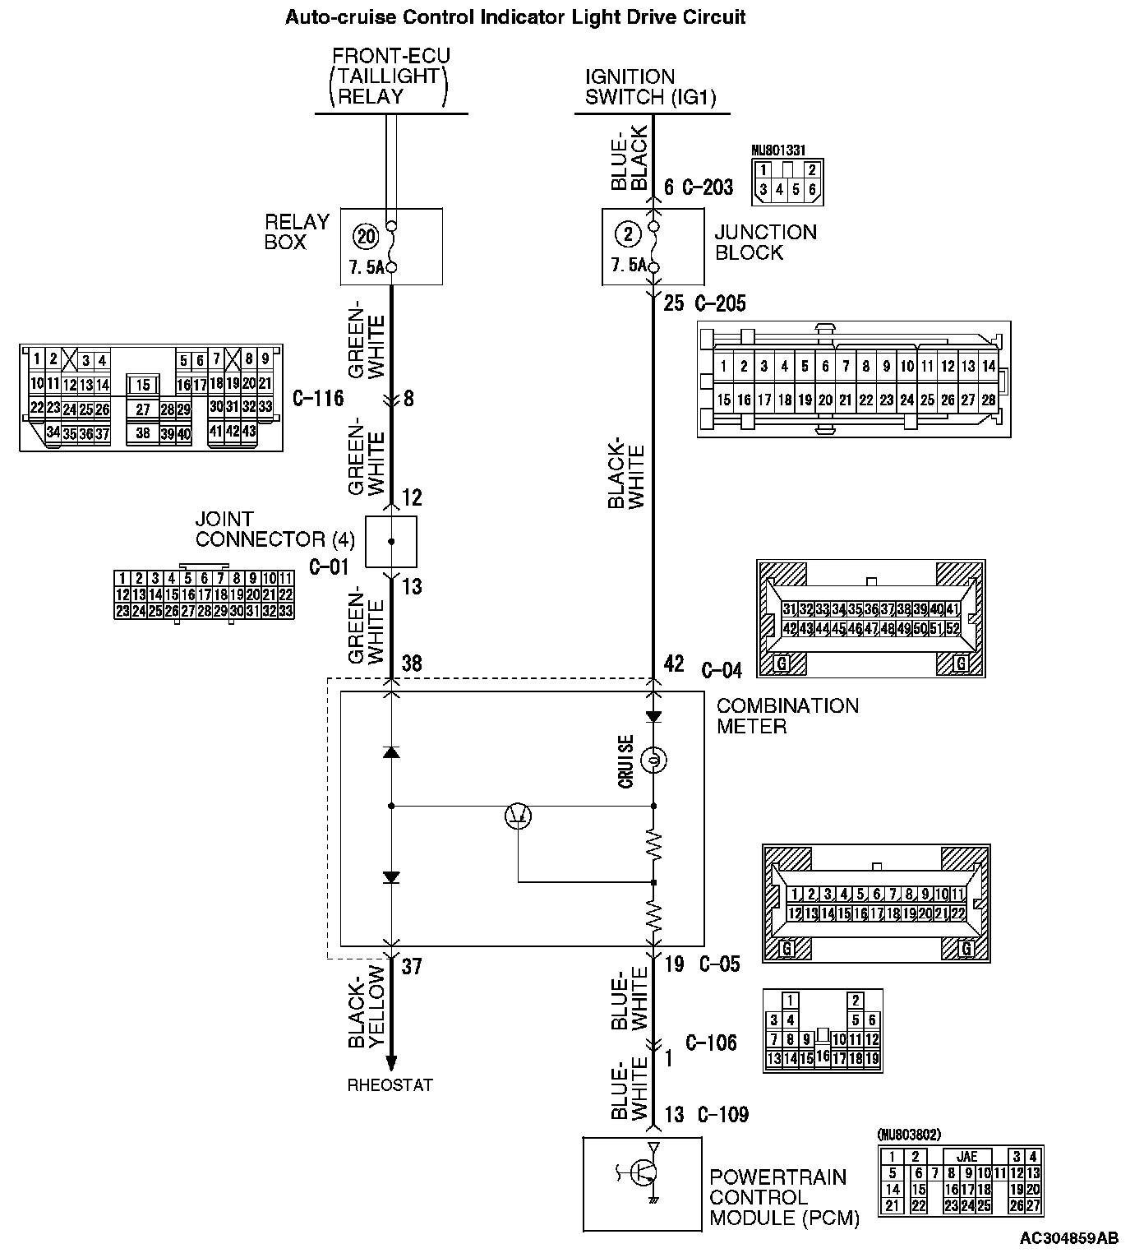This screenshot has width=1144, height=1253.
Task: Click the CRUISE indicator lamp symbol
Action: tap(653, 761)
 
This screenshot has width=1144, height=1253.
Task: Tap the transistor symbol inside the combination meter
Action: tap(518, 815)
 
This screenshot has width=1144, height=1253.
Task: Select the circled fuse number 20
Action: tap(366, 236)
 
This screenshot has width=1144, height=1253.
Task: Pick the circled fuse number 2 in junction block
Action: tap(629, 234)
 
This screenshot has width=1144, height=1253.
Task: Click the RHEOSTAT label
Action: tap(390, 1085)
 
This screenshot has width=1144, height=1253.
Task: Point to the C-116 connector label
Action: tap(318, 400)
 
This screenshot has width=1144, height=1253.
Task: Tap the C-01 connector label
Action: tap(330, 566)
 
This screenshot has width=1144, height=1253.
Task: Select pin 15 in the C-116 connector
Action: tap(143, 385)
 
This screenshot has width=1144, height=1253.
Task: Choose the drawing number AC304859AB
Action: tap(1069, 1238)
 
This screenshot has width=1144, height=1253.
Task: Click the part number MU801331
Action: tap(777, 151)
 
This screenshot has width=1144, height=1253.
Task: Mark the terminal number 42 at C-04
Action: tap(674, 663)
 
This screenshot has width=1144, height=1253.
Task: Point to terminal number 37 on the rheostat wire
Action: tap(411, 967)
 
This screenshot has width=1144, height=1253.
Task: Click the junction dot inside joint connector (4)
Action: tap(391, 542)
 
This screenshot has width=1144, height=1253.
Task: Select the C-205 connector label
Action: tap(721, 304)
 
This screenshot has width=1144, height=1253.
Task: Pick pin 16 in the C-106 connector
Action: tap(823, 1056)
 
